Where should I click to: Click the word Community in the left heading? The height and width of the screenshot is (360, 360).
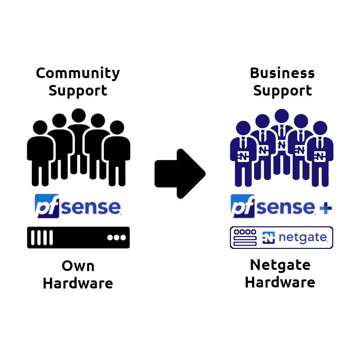click(x=78, y=74)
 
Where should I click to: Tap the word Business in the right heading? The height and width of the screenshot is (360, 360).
click(x=282, y=74)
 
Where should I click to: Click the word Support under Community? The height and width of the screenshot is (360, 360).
click(x=78, y=91)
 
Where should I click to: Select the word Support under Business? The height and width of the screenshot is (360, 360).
click(x=282, y=91)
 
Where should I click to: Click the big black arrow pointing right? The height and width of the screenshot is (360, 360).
click(x=179, y=173)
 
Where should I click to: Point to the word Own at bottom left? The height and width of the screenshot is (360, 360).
click(x=78, y=266)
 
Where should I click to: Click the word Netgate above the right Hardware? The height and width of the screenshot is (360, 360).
click(x=280, y=265)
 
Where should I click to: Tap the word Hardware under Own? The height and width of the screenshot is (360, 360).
click(x=78, y=283)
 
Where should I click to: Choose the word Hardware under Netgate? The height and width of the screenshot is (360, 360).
click(x=280, y=282)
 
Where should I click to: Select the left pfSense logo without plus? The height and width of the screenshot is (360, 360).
click(x=78, y=207)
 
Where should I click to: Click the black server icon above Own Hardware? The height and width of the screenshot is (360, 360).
click(x=78, y=238)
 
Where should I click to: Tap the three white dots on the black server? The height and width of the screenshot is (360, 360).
click(x=116, y=238)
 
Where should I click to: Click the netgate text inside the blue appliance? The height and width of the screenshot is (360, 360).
click(x=304, y=238)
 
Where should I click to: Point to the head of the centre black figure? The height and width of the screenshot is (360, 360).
click(x=78, y=116)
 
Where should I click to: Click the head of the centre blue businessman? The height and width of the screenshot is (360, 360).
click(x=281, y=116)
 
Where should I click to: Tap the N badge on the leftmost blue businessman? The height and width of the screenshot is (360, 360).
click(x=243, y=155)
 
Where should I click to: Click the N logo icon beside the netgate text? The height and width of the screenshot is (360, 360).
click(x=268, y=238)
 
